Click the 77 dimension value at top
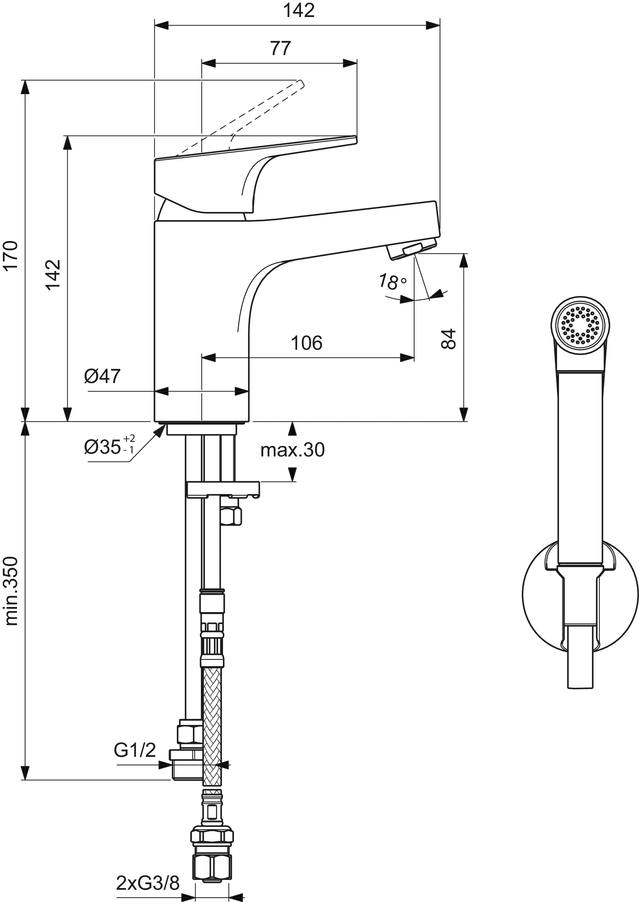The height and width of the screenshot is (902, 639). pyautogui.click(x=280, y=48)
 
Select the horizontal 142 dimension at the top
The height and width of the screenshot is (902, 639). pyautogui.click(x=299, y=11)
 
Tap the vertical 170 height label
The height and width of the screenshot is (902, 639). pyautogui.click(x=11, y=255)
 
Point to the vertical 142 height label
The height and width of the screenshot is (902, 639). pyautogui.click(x=53, y=275)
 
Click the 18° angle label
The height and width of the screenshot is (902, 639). pyautogui.click(x=392, y=281)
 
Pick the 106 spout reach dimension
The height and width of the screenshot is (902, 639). pyautogui.click(x=306, y=343)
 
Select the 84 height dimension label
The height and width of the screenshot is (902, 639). pyautogui.click(x=448, y=339)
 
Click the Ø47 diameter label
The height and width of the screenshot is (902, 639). pyautogui.click(x=102, y=376)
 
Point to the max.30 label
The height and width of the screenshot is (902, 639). pyautogui.click(x=292, y=450)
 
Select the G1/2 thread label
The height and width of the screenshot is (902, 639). pyautogui.click(x=135, y=750)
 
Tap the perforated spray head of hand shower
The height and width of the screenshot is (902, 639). pyautogui.click(x=580, y=326)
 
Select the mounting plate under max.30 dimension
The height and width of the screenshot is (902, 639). pyautogui.click(x=223, y=489)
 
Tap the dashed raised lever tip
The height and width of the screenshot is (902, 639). pyautogui.click(x=301, y=83)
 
